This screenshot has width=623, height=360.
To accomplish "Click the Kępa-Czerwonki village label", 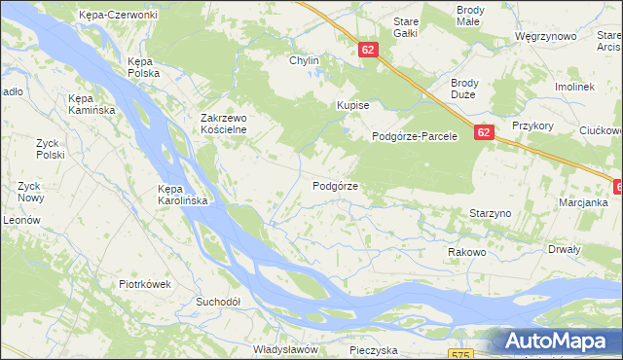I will [121, 15].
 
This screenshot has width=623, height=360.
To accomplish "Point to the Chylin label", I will [304, 60].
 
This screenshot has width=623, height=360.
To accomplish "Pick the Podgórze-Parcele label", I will [415, 137].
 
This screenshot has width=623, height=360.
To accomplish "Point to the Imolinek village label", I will [574, 87].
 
